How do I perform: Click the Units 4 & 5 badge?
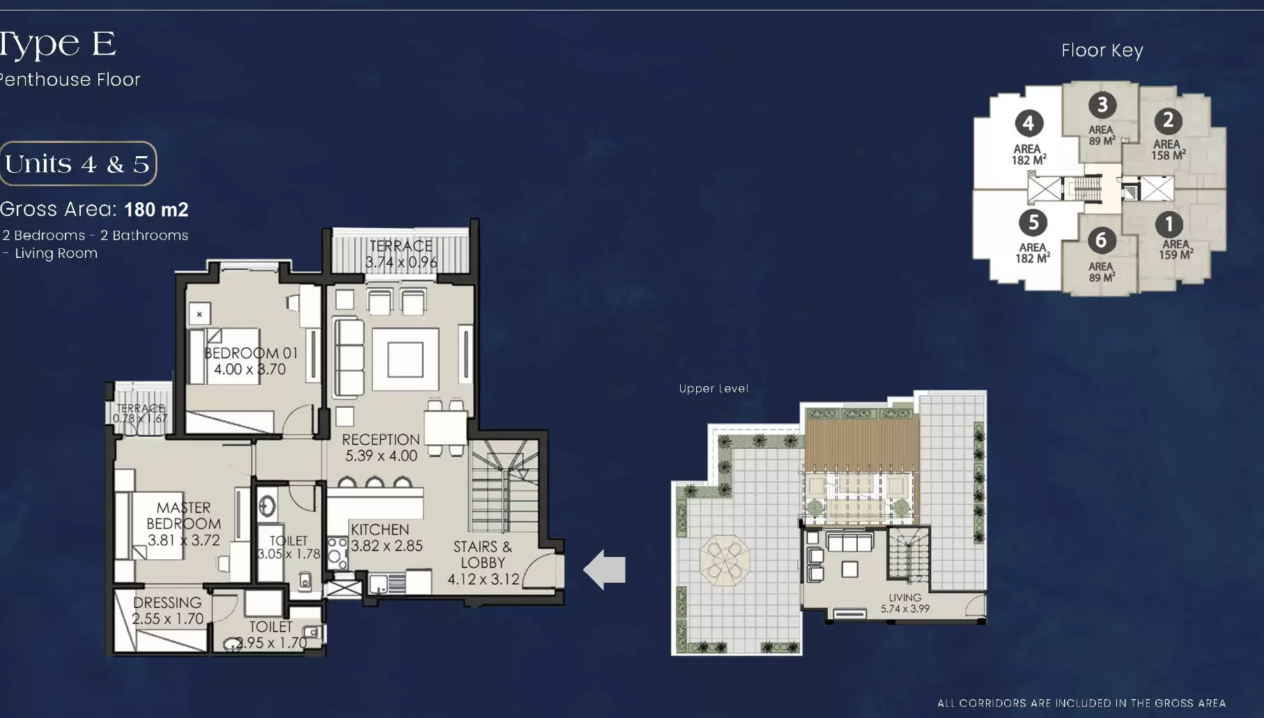click(77, 164)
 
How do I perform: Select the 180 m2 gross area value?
click(156, 210)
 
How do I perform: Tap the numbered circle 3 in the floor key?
click(1102, 105)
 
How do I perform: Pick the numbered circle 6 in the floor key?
click(1101, 240)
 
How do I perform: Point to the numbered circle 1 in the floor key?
click(1169, 224)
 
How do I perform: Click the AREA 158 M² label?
click(1168, 150)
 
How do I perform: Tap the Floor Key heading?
click(1102, 50)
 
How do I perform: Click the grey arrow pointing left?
click(604, 570)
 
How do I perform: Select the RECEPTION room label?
click(380, 448)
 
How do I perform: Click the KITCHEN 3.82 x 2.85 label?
click(386, 537)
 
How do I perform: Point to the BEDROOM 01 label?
click(250, 361)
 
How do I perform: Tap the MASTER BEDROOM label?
click(184, 524)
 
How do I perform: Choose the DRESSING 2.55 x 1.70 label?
click(167, 611)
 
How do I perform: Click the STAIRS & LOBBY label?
click(483, 563)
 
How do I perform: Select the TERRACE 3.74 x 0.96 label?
click(401, 254)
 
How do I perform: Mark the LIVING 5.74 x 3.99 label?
click(904, 603)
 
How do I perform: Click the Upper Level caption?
click(714, 389)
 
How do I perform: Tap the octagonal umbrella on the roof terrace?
click(725, 560)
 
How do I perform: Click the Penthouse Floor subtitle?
click(70, 80)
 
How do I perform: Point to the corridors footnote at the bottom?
click(1081, 703)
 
